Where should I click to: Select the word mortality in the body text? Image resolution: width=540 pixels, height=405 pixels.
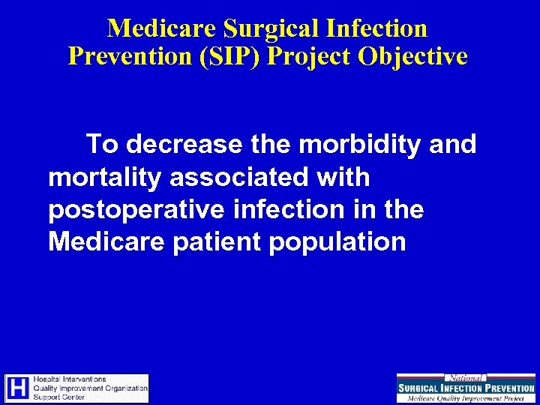pos(106,177)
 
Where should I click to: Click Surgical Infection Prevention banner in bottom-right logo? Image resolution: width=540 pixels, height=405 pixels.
pos(466,388)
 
